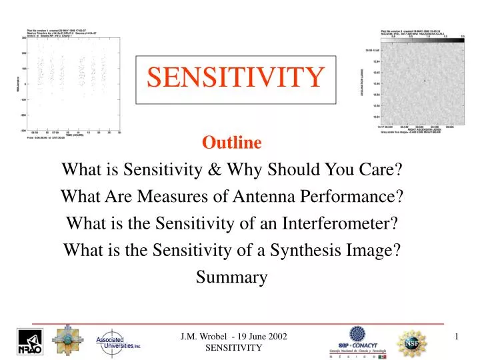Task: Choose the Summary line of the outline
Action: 231,277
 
